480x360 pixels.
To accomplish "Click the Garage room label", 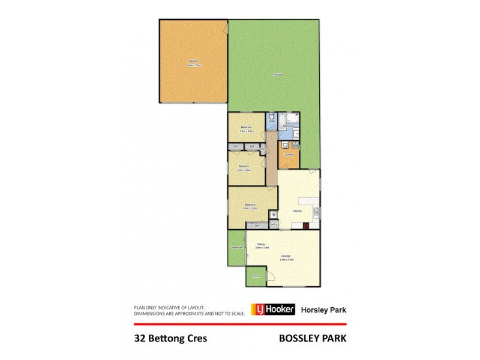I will [x=193, y=61].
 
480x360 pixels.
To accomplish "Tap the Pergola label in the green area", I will [x=277, y=74].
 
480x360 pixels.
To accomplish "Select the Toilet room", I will [x=272, y=118].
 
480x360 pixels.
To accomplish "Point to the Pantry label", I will [x=273, y=225].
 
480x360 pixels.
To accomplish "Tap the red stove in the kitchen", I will [x=306, y=226].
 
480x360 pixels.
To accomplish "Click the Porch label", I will [x=256, y=277].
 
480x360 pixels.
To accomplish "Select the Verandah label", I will [x=236, y=248].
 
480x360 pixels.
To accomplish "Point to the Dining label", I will [x=261, y=244].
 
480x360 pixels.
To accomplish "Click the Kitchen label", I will [x=296, y=211].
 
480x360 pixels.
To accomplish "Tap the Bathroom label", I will [x=289, y=126].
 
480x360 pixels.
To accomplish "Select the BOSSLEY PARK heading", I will [x=313, y=338].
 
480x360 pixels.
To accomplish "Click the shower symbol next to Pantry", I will [x=273, y=214].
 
